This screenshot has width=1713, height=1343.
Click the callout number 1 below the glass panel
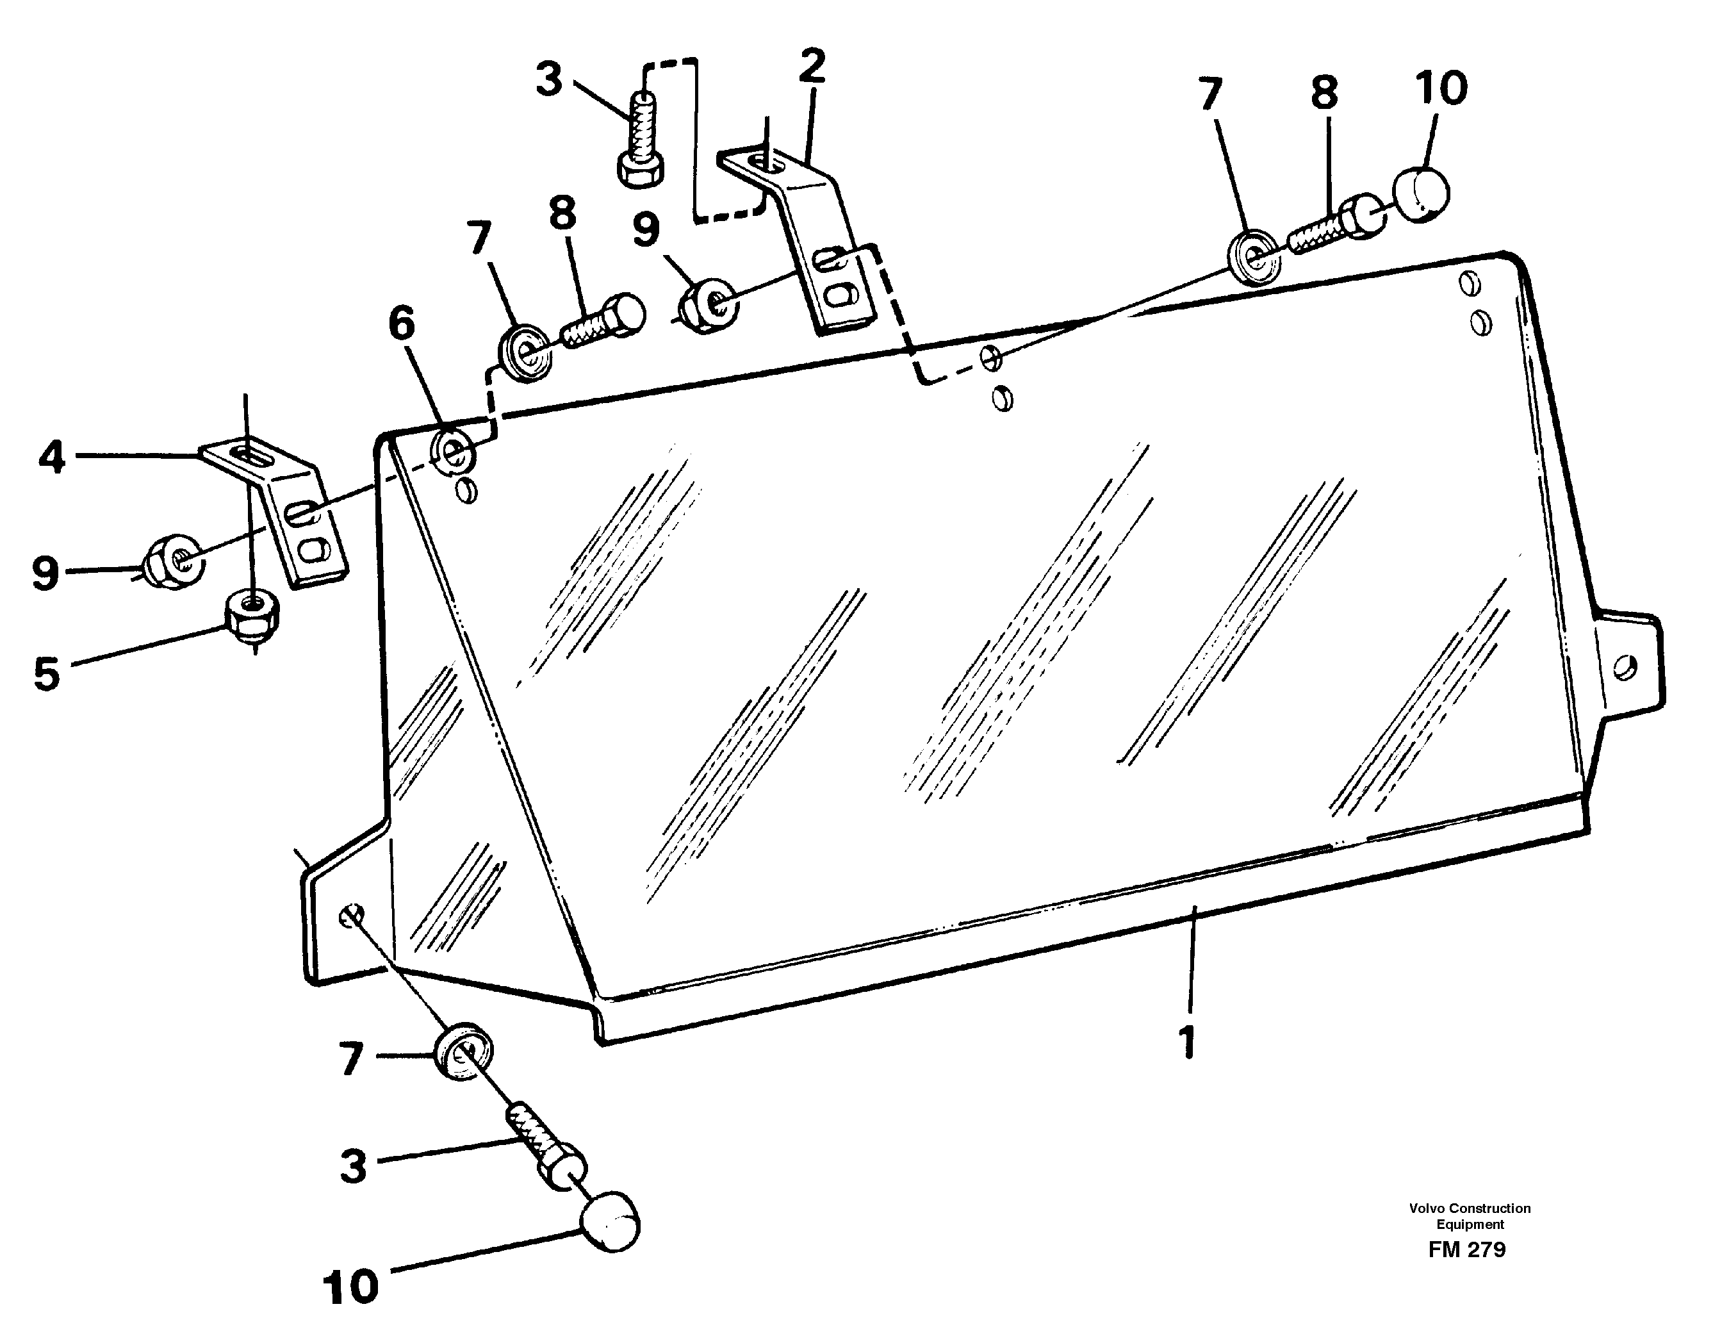1187,1042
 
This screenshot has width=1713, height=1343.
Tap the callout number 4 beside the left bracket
52,457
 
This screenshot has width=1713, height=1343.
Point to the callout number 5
46,674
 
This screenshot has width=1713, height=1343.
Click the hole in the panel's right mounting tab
1625,668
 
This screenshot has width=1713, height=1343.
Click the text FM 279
1467,1249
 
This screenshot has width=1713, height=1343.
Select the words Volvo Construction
1470,1208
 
